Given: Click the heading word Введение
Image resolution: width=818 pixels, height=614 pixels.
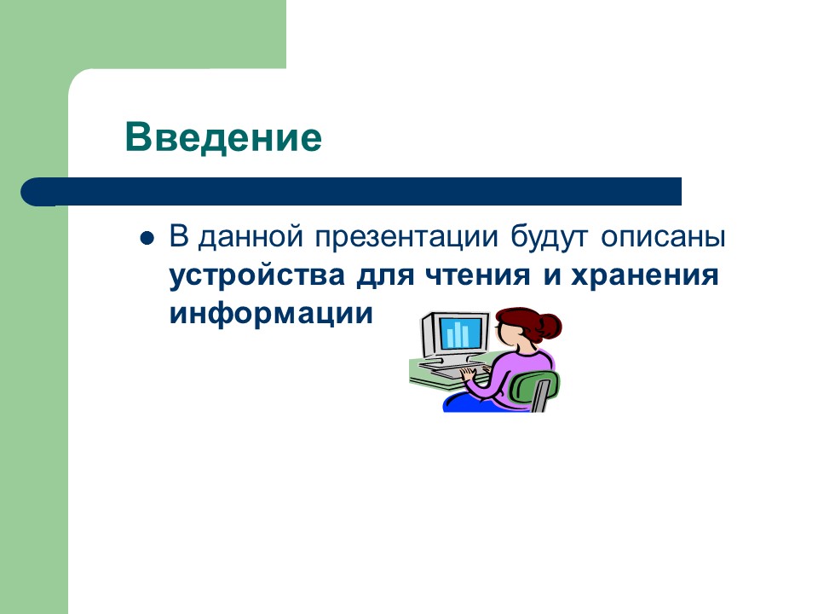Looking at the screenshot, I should (x=223, y=136).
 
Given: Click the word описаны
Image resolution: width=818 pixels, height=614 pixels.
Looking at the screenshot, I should (x=665, y=236).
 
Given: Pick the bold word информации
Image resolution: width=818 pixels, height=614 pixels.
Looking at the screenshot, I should (x=271, y=313).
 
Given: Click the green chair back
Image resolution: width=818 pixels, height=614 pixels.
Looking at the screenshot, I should (x=542, y=389).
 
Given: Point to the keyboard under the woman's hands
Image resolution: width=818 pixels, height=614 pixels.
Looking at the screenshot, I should (x=455, y=373).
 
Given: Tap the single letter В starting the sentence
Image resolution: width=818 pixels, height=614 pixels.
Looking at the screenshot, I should (x=178, y=236).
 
